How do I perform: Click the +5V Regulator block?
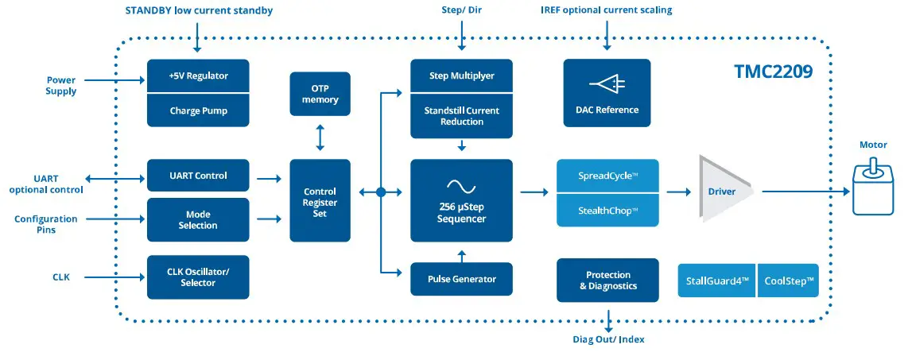[198, 76]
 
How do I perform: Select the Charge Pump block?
[198, 110]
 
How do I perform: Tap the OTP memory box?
[320, 94]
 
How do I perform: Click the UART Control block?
[198, 176]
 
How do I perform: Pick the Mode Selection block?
[198, 220]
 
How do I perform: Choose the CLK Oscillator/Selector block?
[198, 277]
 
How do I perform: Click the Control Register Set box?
[320, 202]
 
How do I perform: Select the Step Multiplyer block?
[461, 76]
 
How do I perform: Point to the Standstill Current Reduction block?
[461, 116]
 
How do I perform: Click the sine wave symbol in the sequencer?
[461, 186]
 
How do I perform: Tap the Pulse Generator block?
[461, 279]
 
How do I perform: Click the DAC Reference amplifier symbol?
[607, 84]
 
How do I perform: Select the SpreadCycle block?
[607, 176]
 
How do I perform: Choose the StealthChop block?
[607, 211]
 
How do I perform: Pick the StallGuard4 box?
[716, 281]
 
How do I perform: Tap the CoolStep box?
[788, 281]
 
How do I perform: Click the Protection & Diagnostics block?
[607, 281]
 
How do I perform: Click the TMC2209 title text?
[773, 73]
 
